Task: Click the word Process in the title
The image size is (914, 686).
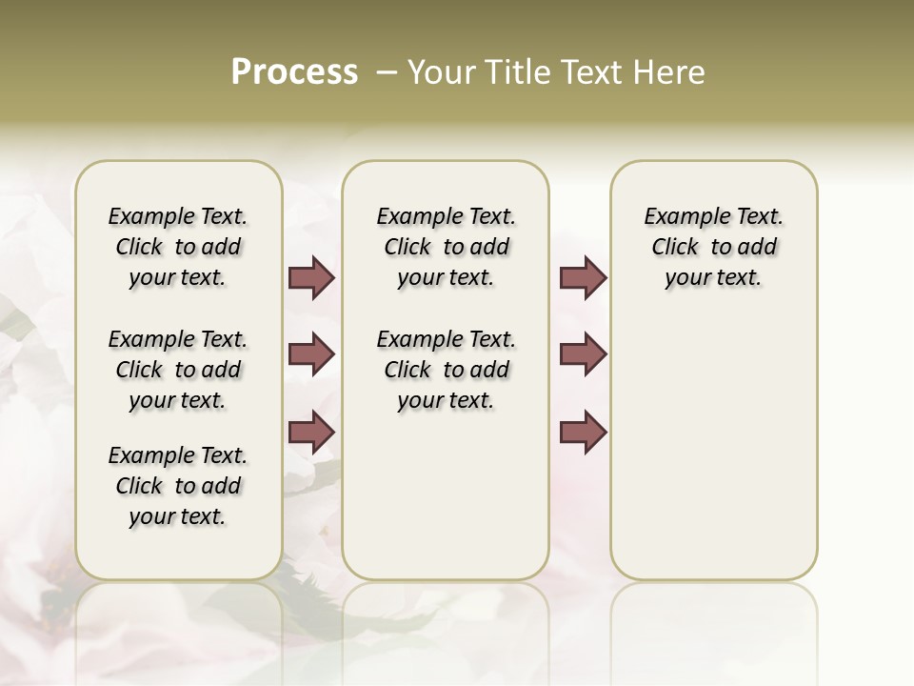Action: (x=294, y=72)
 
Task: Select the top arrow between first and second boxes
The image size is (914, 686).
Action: (x=311, y=277)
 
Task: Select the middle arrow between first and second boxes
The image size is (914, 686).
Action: (x=311, y=354)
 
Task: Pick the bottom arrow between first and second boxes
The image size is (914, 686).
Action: (x=311, y=432)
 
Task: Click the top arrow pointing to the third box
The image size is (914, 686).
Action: (x=583, y=277)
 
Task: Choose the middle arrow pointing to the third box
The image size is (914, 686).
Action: (x=583, y=354)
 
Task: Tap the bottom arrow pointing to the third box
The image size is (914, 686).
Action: (x=583, y=432)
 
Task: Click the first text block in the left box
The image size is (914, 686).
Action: (x=178, y=247)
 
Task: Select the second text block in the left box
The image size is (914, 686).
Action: (x=178, y=370)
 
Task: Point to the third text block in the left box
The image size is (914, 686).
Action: (x=178, y=486)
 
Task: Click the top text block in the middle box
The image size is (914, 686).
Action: (x=446, y=247)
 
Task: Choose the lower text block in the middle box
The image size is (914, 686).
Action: (x=446, y=370)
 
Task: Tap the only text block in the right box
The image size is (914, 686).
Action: (x=713, y=247)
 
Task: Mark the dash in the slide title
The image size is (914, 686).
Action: (x=387, y=72)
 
